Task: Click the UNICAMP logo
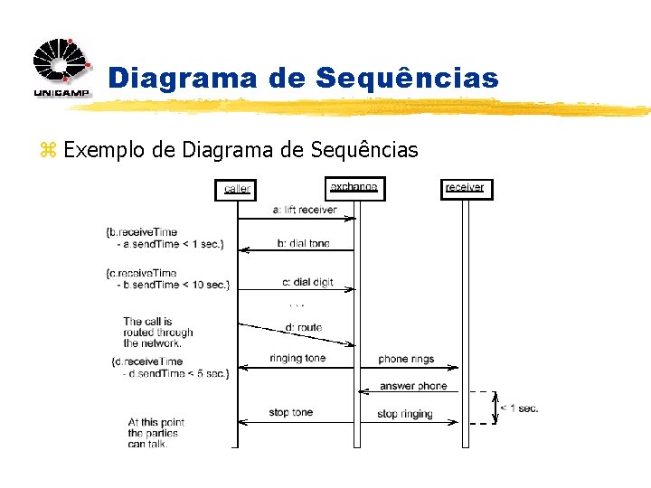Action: coord(61,68)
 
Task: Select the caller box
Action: coord(237,189)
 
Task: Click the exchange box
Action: coord(354,188)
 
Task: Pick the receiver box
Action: coord(465,188)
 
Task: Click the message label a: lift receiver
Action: coord(304,210)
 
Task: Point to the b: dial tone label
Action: coord(303,243)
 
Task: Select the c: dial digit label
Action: coord(307,282)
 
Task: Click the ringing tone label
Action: coord(297,358)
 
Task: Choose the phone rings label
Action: coord(406,359)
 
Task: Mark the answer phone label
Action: coord(413,386)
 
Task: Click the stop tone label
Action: coord(290,412)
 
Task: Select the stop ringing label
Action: coord(404,414)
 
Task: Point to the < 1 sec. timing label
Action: coord(519,408)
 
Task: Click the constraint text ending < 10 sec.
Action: coord(168,278)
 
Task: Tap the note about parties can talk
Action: coord(156,433)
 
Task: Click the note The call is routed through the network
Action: coord(157,332)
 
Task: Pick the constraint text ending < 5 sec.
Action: coord(170,368)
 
